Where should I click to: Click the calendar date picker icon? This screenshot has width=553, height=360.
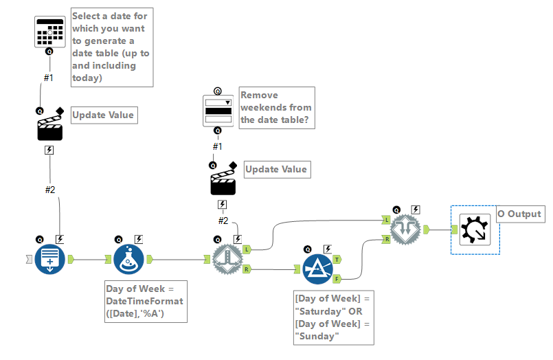(49, 32)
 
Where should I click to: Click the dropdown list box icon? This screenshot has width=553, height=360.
(218, 111)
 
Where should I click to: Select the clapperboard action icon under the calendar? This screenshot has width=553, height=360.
(49, 127)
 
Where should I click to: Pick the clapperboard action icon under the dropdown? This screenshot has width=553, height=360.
(223, 183)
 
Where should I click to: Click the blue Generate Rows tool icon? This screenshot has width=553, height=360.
(50, 258)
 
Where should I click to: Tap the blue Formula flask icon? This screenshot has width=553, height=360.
(128, 258)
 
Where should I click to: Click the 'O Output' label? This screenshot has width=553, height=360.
(519, 214)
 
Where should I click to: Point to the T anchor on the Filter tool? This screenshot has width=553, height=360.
(338, 259)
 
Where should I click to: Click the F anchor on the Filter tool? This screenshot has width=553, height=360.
(338, 278)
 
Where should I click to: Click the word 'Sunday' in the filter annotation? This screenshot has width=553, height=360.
(317, 336)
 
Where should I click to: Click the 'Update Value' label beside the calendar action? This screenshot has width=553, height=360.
(103, 115)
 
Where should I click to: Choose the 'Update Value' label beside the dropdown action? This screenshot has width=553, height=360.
(276, 169)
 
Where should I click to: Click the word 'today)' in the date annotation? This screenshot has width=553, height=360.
(87, 78)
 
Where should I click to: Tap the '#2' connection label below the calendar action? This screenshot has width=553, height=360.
(49, 190)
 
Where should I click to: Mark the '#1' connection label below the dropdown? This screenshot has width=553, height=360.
(217, 146)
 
